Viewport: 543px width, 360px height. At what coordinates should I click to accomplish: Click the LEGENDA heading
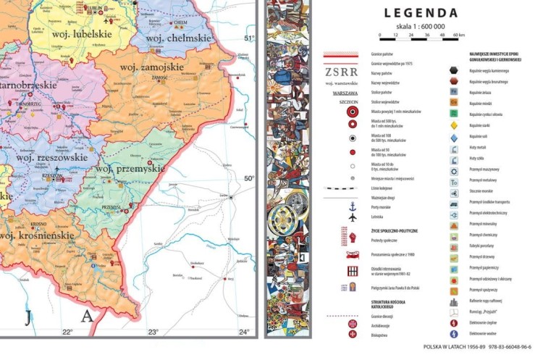coord(421,13)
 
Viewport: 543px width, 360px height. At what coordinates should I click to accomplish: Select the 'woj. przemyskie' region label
coord(130,169)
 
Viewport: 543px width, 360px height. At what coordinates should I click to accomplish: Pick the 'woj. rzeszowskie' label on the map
coord(51,156)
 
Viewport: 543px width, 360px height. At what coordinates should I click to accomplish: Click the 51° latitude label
coord(249,38)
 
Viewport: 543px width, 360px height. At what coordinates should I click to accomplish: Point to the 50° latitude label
coord(249,178)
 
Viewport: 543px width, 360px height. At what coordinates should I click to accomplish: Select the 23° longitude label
coord(153,332)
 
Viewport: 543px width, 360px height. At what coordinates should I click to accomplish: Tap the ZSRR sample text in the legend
coord(340,72)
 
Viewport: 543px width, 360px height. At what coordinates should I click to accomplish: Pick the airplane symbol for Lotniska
coord(353,217)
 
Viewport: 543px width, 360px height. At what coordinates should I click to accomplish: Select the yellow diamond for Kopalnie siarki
coord(454,125)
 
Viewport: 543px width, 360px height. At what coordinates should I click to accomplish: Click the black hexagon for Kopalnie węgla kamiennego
coord(454,70)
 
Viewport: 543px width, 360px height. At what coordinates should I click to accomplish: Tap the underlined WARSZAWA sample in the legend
coord(340,93)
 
